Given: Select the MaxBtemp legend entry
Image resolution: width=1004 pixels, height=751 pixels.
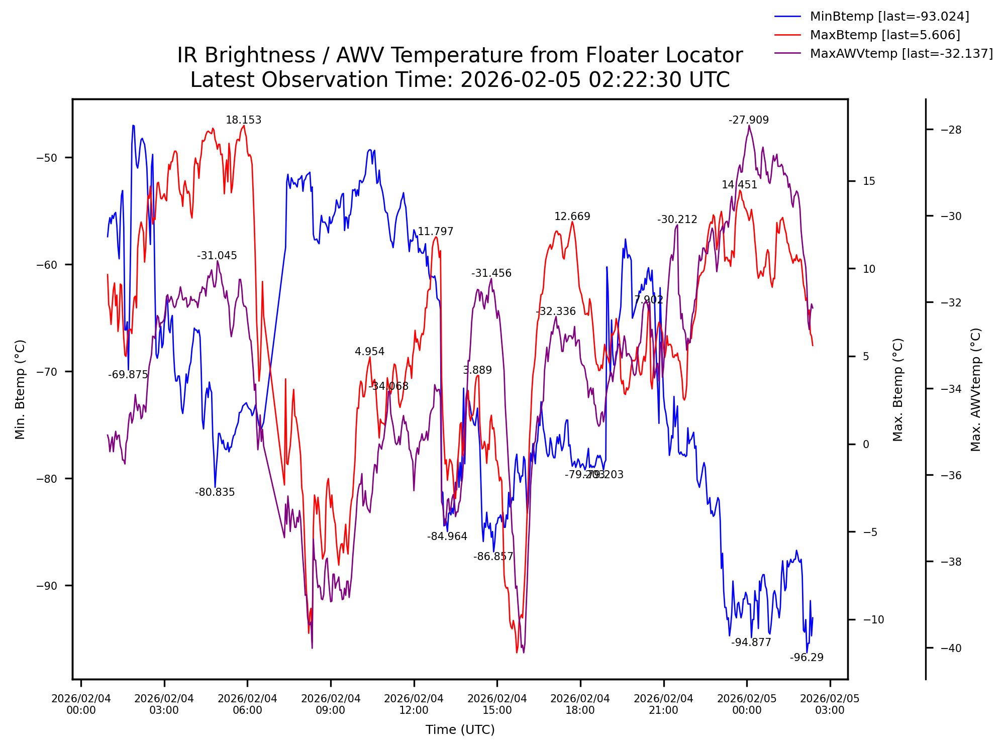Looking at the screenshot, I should pos(884,35).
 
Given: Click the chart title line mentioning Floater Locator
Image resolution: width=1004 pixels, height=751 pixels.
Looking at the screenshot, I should pos(460,55).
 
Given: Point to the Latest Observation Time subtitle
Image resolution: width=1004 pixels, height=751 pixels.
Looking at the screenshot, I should pos(460,80).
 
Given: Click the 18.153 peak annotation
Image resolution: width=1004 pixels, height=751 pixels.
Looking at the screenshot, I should pos(243,120).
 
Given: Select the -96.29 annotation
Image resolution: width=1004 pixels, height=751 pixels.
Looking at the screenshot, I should pos(807,658).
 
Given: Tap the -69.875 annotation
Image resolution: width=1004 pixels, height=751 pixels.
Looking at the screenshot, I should pos(128,375).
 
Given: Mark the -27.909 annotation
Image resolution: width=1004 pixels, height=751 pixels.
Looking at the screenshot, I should pos(749,120).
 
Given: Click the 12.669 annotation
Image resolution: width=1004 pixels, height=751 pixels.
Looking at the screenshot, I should pos(572,217).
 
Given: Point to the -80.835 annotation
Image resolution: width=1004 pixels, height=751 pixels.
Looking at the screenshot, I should pos(215,492).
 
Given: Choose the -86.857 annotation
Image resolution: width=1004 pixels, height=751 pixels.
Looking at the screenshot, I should pos(493,557).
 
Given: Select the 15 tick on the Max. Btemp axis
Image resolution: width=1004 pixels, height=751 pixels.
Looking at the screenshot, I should pos(869,181).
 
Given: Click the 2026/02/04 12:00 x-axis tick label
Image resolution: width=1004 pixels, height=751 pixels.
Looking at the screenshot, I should pos(414,704).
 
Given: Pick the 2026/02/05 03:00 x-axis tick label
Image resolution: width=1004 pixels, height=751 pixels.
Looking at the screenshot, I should pos(830,704).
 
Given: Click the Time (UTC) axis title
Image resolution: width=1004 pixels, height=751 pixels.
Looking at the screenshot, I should pos(460,730).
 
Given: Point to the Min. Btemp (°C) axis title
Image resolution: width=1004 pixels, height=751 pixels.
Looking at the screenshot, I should pos(20,389).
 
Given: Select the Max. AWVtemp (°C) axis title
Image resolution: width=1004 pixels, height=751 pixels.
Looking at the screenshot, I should pos(975,389).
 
